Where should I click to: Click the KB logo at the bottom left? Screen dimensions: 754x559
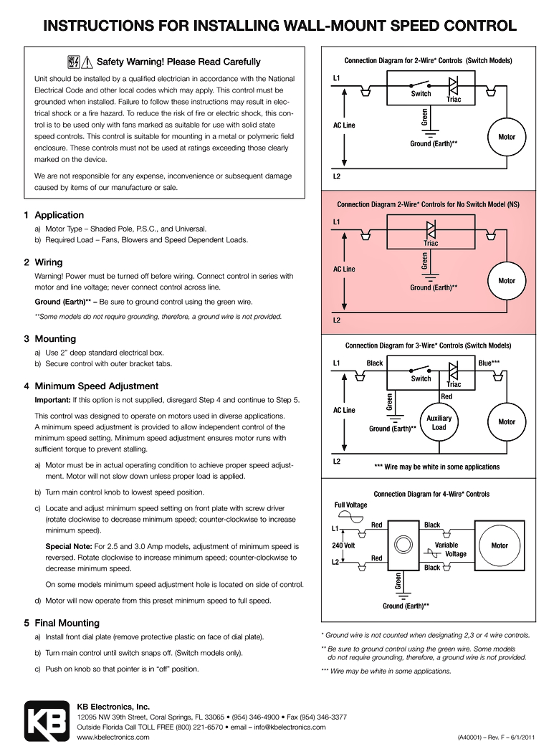coord(47,720)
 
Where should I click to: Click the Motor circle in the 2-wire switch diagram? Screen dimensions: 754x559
coord(507,136)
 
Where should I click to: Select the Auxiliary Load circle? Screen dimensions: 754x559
coord(439,422)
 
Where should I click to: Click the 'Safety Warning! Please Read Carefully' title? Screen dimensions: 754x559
coord(178,62)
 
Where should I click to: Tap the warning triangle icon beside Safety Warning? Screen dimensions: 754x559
coord(88,62)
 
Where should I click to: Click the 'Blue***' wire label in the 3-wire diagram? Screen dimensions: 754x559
coord(489,363)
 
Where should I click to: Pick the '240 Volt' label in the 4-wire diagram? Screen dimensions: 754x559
coord(344,545)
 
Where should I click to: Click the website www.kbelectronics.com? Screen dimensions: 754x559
coord(113,737)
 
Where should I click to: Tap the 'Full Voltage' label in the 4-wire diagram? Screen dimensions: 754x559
coord(350,505)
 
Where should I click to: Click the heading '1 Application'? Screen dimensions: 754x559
coord(54,215)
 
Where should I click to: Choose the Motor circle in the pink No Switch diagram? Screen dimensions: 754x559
coord(507,280)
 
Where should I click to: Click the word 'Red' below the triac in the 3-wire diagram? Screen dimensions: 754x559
coord(446,396)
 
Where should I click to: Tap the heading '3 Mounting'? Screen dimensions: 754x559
coord(49,338)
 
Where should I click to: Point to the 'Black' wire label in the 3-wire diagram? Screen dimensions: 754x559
coord(374,363)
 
